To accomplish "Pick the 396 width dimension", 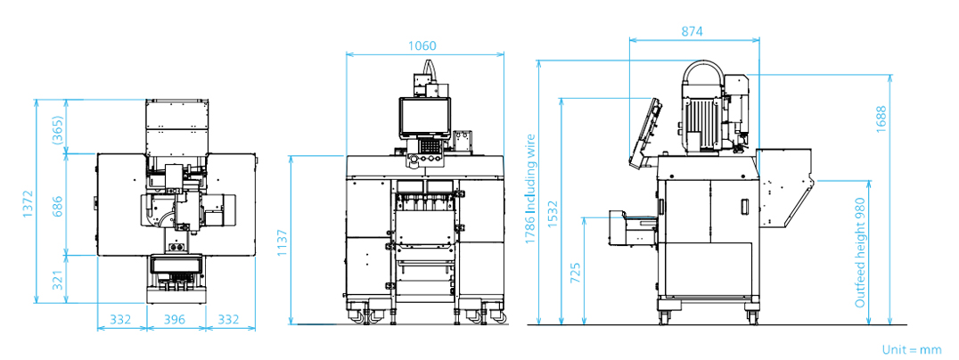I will click(175, 319).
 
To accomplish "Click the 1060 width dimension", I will click(424, 45).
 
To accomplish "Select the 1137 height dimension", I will click(283, 242).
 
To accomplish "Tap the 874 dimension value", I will click(692, 31).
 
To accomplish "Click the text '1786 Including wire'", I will click(529, 190).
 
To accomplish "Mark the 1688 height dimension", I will click(881, 120).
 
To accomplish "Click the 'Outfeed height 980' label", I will click(860, 253).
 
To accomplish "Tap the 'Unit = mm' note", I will click(911, 349).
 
